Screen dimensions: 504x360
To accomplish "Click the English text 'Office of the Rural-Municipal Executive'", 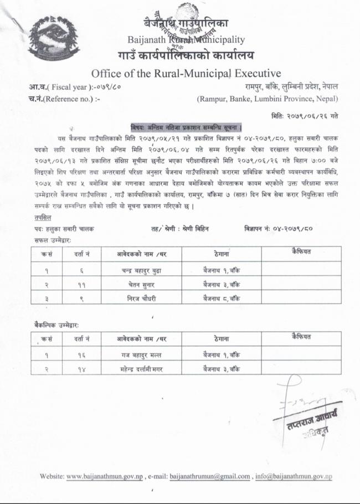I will click(x=186, y=73).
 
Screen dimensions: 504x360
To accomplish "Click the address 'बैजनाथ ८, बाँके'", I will click(x=222, y=298).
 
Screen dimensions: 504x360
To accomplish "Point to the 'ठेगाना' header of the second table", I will click(x=222, y=337).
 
